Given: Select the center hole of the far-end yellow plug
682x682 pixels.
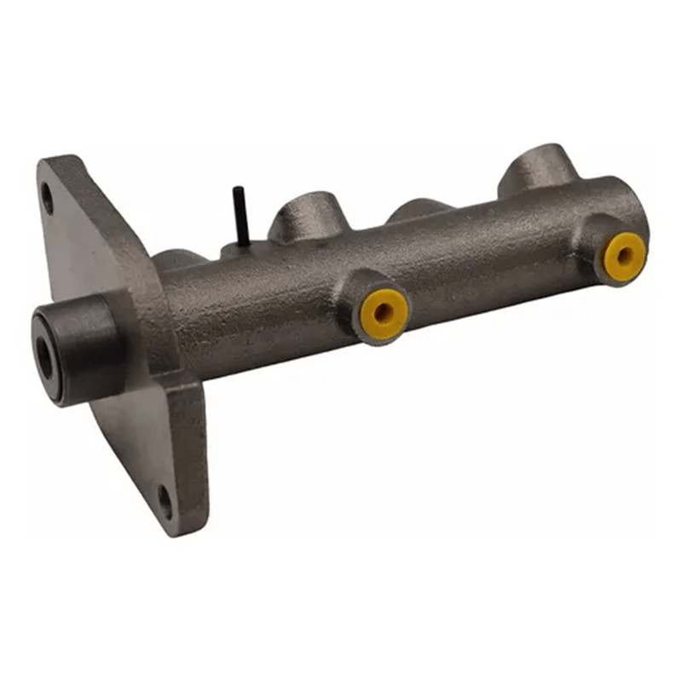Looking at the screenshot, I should coord(625,253).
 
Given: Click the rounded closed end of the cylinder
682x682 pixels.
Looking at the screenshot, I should coord(635,213).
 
